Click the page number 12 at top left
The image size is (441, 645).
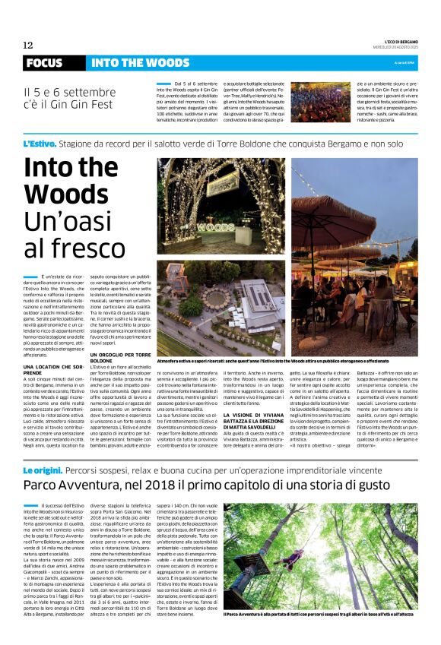(27, 46)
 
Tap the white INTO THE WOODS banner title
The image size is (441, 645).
(140, 63)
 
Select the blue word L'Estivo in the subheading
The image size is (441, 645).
(39, 143)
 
